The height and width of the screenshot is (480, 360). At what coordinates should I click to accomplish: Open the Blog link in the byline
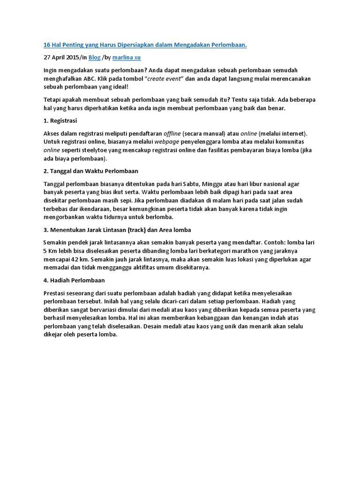click(x=94, y=58)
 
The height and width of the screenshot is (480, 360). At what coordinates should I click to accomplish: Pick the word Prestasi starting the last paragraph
click(x=55, y=293)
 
